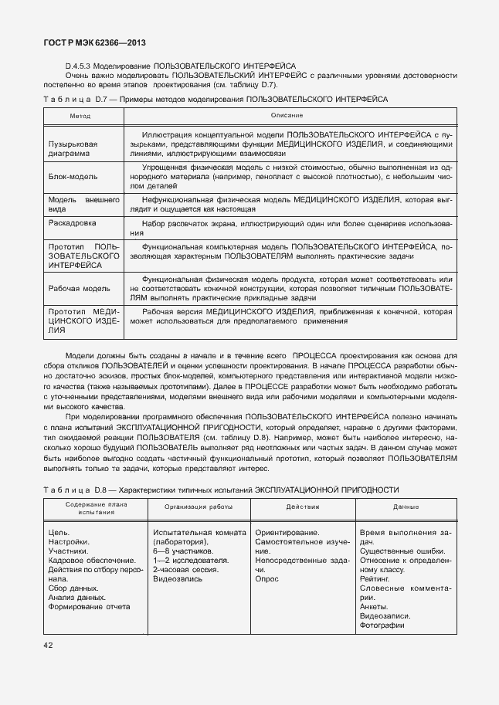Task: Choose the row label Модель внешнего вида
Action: (x=83, y=204)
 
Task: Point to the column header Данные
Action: (x=406, y=507)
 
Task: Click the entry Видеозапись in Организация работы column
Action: (x=178, y=578)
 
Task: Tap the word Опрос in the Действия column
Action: (x=266, y=578)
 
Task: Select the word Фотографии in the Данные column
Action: (x=382, y=625)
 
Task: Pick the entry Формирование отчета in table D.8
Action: (x=89, y=606)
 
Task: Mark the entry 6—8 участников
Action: (x=182, y=551)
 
